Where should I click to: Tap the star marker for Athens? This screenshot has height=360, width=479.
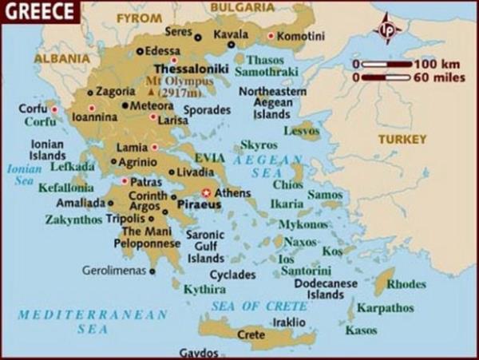[x=207, y=192]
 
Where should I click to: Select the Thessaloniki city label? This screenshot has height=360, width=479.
[x=192, y=69]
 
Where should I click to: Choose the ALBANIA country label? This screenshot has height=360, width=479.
[x=61, y=58]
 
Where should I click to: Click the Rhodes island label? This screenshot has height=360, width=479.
[x=407, y=283]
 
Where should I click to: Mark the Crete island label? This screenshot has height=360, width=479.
[x=251, y=334]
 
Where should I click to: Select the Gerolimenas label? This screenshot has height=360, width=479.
[x=115, y=271]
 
